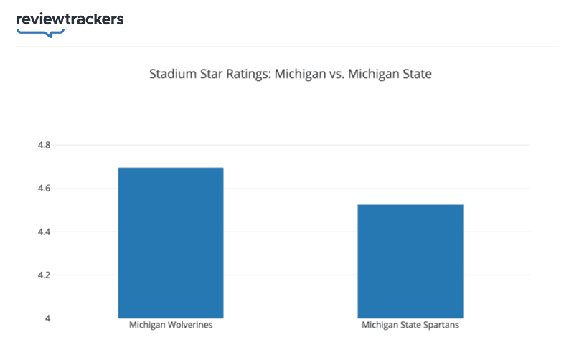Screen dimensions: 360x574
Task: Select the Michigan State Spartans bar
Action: coord(410,261)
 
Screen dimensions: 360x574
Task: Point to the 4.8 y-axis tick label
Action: coord(44,146)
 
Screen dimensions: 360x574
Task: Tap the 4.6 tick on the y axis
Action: coord(44,189)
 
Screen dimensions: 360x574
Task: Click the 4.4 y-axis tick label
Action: coord(44,232)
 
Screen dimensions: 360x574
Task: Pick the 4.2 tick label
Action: coord(44,275)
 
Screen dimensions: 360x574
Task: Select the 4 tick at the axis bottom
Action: coord(47,318)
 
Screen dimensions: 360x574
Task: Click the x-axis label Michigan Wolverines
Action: coord(171,326)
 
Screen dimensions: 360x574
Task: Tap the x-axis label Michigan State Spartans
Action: coord(410,326)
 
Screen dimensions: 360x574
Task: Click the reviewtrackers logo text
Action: coord(70,19)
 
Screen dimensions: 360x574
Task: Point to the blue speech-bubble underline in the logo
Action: coord(40,32)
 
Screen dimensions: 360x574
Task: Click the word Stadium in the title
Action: coord(170,74)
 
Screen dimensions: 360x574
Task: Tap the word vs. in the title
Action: coord(332,74)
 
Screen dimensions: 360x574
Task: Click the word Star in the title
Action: coord(207,74)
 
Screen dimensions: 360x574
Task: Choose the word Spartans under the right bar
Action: coord(441,326)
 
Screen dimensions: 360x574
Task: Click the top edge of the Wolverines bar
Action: coord(171,168)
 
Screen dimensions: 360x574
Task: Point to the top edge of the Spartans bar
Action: coord(410,205)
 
